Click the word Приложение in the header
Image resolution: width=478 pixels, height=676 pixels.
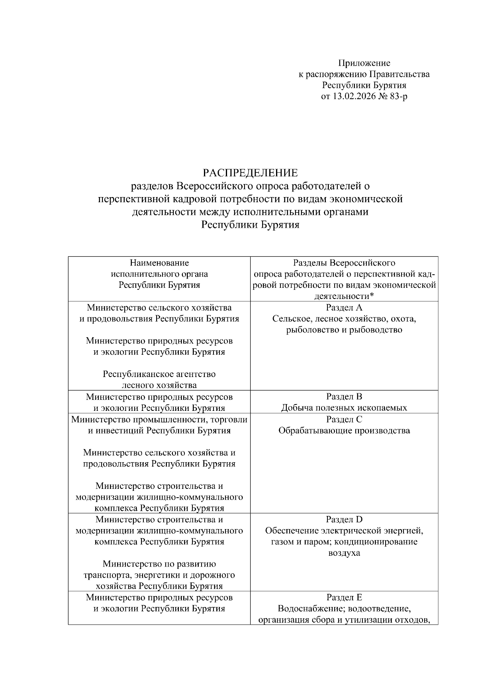364,63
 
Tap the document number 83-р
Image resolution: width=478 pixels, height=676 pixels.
399,96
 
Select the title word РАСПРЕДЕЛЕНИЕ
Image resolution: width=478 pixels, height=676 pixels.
250,173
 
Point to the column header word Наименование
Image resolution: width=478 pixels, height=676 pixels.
159,263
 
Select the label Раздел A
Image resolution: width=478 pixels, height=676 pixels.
344,307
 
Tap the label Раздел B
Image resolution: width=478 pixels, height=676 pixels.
344,397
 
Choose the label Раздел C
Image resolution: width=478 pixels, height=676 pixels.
344,419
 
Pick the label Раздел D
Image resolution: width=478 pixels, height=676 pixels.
344,520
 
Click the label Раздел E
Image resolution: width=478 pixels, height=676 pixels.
344,598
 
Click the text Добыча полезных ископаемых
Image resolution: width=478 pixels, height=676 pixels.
344,408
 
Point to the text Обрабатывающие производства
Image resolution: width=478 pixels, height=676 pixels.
344,430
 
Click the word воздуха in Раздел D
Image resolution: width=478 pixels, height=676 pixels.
344,553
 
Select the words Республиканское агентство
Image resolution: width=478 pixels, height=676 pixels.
159,374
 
